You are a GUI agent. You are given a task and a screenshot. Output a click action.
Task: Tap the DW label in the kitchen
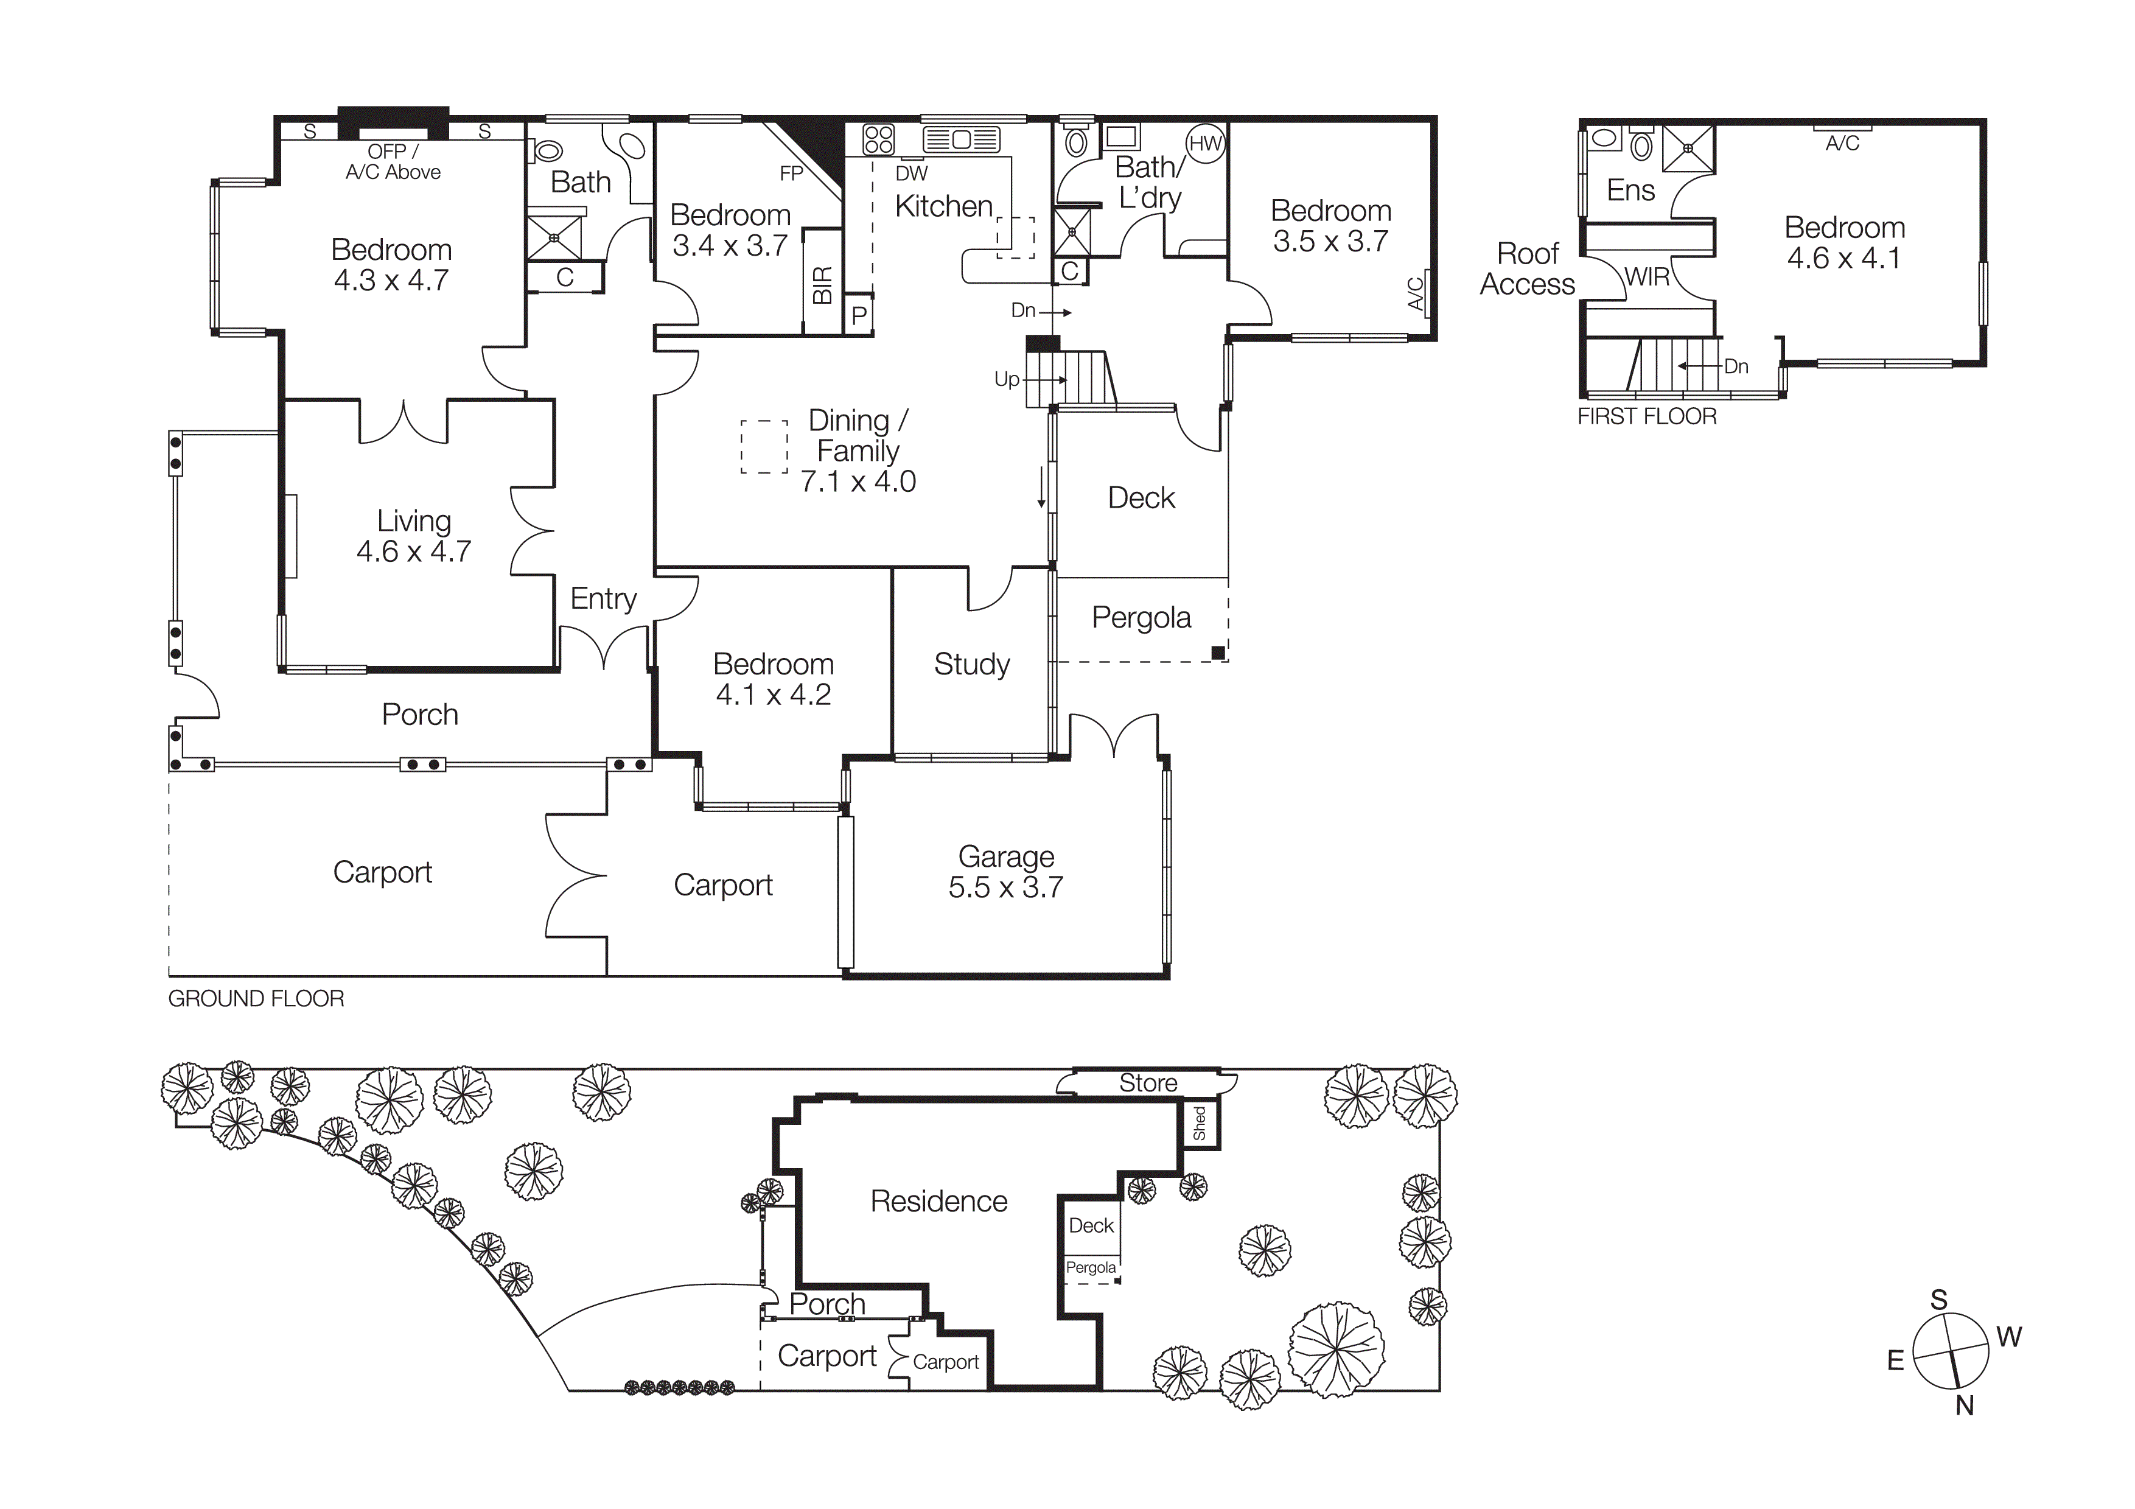coord(911,173)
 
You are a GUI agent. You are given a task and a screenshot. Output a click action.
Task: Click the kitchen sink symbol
coord(960,139)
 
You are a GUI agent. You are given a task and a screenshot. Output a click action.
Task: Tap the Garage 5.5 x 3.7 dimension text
coord(1005,887)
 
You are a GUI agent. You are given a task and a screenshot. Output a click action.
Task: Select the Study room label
coord(972,664)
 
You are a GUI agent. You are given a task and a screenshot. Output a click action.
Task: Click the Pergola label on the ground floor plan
coord(1141,617)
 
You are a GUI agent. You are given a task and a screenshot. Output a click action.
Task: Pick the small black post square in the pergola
coord(1217,653)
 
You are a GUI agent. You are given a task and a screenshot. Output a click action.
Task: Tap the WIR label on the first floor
coord(1648,277)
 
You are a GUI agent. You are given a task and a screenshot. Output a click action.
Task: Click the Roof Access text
coord(1527,268)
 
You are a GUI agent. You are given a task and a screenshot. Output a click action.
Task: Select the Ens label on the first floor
coord(1631,191)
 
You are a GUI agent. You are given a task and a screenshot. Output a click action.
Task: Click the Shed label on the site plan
coord(1200,1124)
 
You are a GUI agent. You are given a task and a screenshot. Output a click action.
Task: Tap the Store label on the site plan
coord(1147,1083)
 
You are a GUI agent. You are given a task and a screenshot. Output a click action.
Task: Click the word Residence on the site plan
coord(938,1201)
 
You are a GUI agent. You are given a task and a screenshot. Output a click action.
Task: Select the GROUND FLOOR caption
coord(256,998)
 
